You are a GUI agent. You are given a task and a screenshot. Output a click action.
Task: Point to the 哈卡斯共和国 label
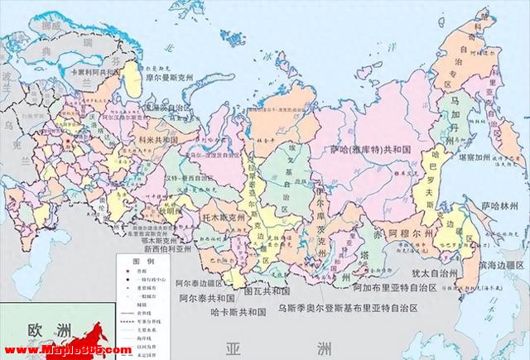click(239, 313)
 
